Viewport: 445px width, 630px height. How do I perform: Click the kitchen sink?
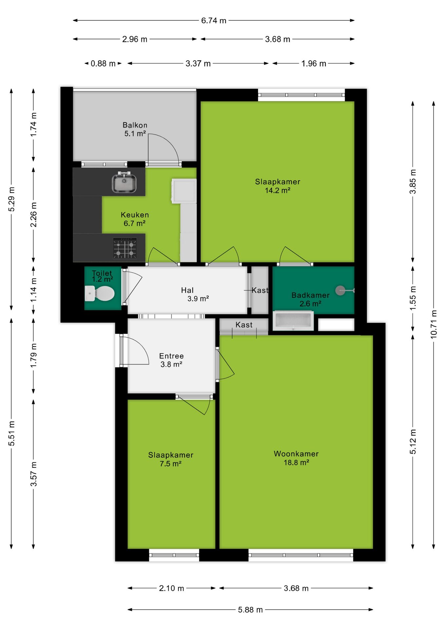pyautogui.click(x=124, y=182)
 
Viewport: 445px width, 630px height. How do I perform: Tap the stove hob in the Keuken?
pyautogui.click(x=125, y=248)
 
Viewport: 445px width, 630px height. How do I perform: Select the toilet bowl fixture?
pyautogui.click(x=100, y=293)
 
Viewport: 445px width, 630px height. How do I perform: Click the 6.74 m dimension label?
pyautogui.click(x=214, y=20)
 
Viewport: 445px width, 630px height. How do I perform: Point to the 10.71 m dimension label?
pyautogui.click(x=434, y=324)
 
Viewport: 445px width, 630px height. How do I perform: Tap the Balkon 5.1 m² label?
pyautogui.click(x=135, y=129)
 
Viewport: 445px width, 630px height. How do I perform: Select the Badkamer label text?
pyautogui.click(x=310, y=295)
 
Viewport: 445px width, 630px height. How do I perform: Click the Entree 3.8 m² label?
pyautogui.click(x=171, y=360)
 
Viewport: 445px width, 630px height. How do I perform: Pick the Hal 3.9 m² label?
pyautogui.click(x=195, y=294)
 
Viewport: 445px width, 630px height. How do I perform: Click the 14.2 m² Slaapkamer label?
pyautogui.click(x=278, y=186)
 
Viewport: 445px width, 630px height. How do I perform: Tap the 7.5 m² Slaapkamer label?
pyautogui.click(x=171, y=459)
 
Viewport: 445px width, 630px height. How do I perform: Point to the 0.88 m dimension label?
pyautogui.click(x=103, y=63)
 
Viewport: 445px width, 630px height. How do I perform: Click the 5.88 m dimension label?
pyautogui.click(x=250, y=610)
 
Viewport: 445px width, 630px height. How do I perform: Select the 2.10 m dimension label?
pyautogui.click(x=171, y=588)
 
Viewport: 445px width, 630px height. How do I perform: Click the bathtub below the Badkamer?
pyautogui.click(x=293, y=321)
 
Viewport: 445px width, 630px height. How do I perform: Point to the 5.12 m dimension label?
pyautogui.click(x=413, y=442)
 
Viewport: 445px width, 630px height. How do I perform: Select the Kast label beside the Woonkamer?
pyautogui.click(x=244, y=325)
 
